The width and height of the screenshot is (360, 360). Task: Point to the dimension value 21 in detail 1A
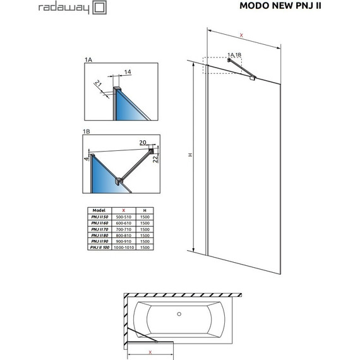(99, 84)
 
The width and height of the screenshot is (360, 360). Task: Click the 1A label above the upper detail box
(88, 59)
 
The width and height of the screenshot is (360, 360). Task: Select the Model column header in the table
(99, 210)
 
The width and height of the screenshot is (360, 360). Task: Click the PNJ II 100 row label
(99, 248)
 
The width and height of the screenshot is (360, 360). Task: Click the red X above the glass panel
(242, 35)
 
